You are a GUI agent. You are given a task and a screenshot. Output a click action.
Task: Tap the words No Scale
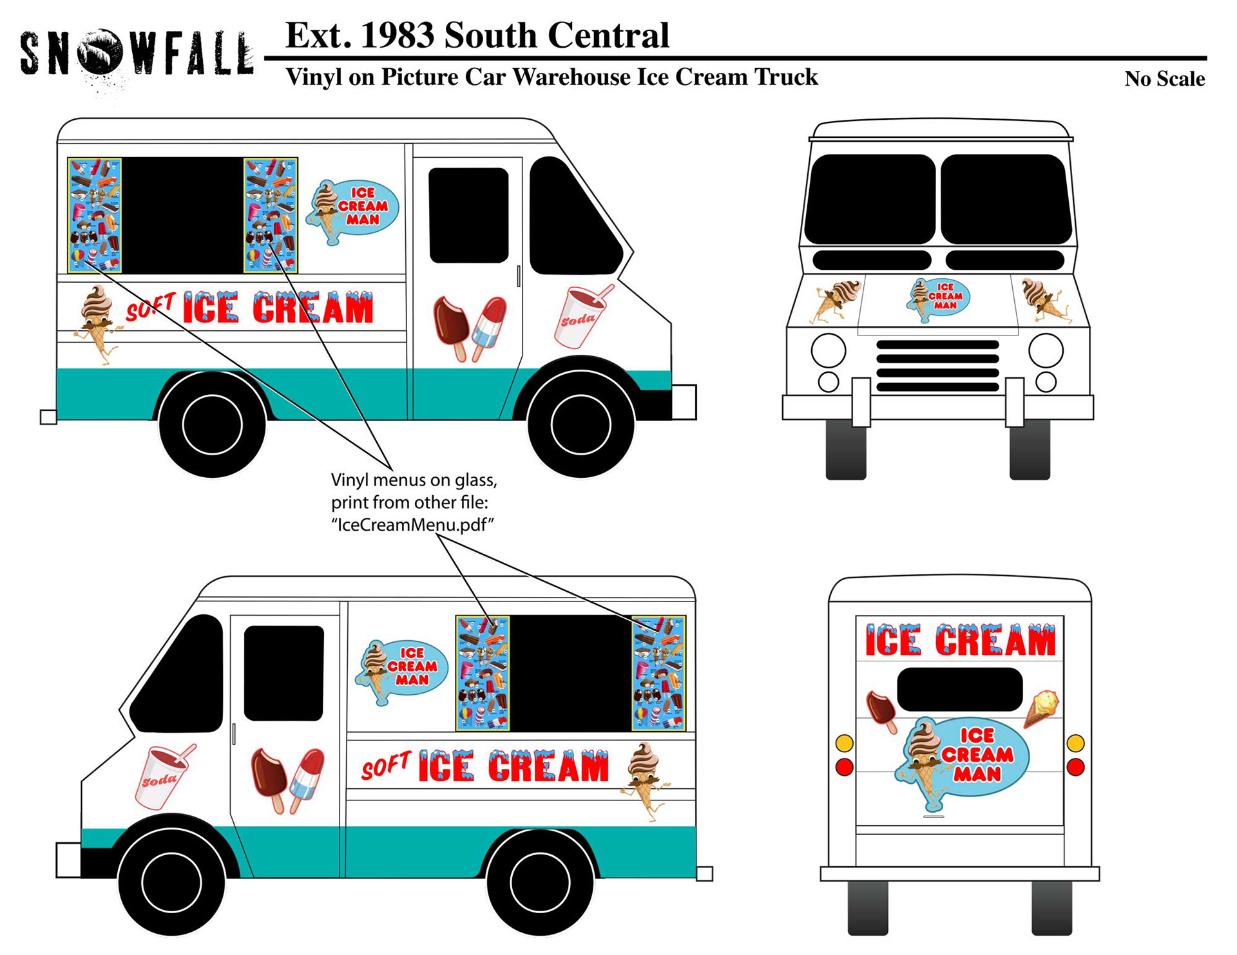click(1164, 79)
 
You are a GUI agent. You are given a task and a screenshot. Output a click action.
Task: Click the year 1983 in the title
click(397, 35)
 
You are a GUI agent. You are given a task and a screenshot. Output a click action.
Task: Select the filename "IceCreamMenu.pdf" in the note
click(412, 525)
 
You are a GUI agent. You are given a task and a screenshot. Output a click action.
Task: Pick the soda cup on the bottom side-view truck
click(162, 777)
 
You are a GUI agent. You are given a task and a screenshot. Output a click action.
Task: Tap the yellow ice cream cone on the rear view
click(1041, 706)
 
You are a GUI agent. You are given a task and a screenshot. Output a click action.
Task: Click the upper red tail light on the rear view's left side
click(844, 767)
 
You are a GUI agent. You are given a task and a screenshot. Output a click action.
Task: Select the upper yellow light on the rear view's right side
click(1075, 743)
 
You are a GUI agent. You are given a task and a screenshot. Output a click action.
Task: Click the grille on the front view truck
click(937, 365)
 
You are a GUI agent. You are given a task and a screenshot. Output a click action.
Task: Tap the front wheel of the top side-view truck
click(580, 424)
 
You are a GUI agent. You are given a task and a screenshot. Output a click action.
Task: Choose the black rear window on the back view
click(959, 689)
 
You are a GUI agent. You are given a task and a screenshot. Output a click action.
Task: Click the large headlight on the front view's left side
click(828, 350)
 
